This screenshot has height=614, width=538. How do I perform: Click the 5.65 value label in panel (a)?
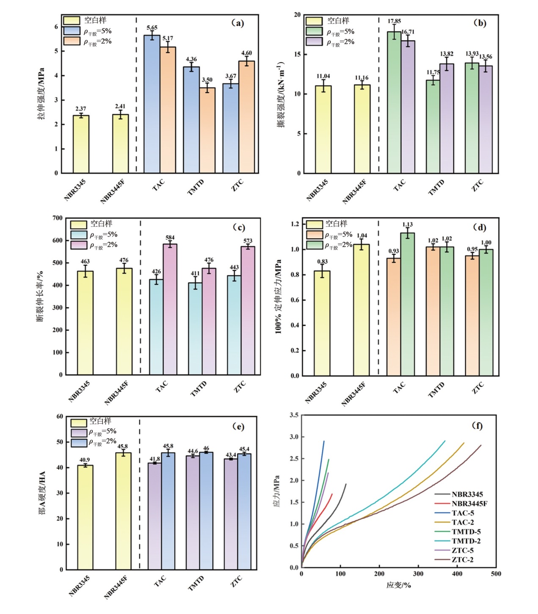tap(152, 28)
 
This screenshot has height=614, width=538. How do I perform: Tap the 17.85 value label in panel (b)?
tap(394, 21)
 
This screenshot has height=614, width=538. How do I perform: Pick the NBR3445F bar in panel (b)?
tap(362, 129)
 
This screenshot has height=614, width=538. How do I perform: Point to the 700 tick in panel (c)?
tap(58, 218)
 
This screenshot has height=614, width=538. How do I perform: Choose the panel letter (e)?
tap(238, 427)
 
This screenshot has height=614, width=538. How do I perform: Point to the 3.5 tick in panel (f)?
tap(294, 416)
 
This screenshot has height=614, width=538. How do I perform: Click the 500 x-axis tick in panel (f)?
tap(496, 574)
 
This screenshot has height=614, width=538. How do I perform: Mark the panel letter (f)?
tap(477, 426)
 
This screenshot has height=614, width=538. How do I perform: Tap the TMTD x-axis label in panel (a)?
tap(196, 187)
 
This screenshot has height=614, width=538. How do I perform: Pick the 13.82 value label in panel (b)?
tap(446, 54)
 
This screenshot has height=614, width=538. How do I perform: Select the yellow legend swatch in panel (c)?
tap(79, 224)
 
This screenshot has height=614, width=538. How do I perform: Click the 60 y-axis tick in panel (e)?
tap(60, 417)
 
